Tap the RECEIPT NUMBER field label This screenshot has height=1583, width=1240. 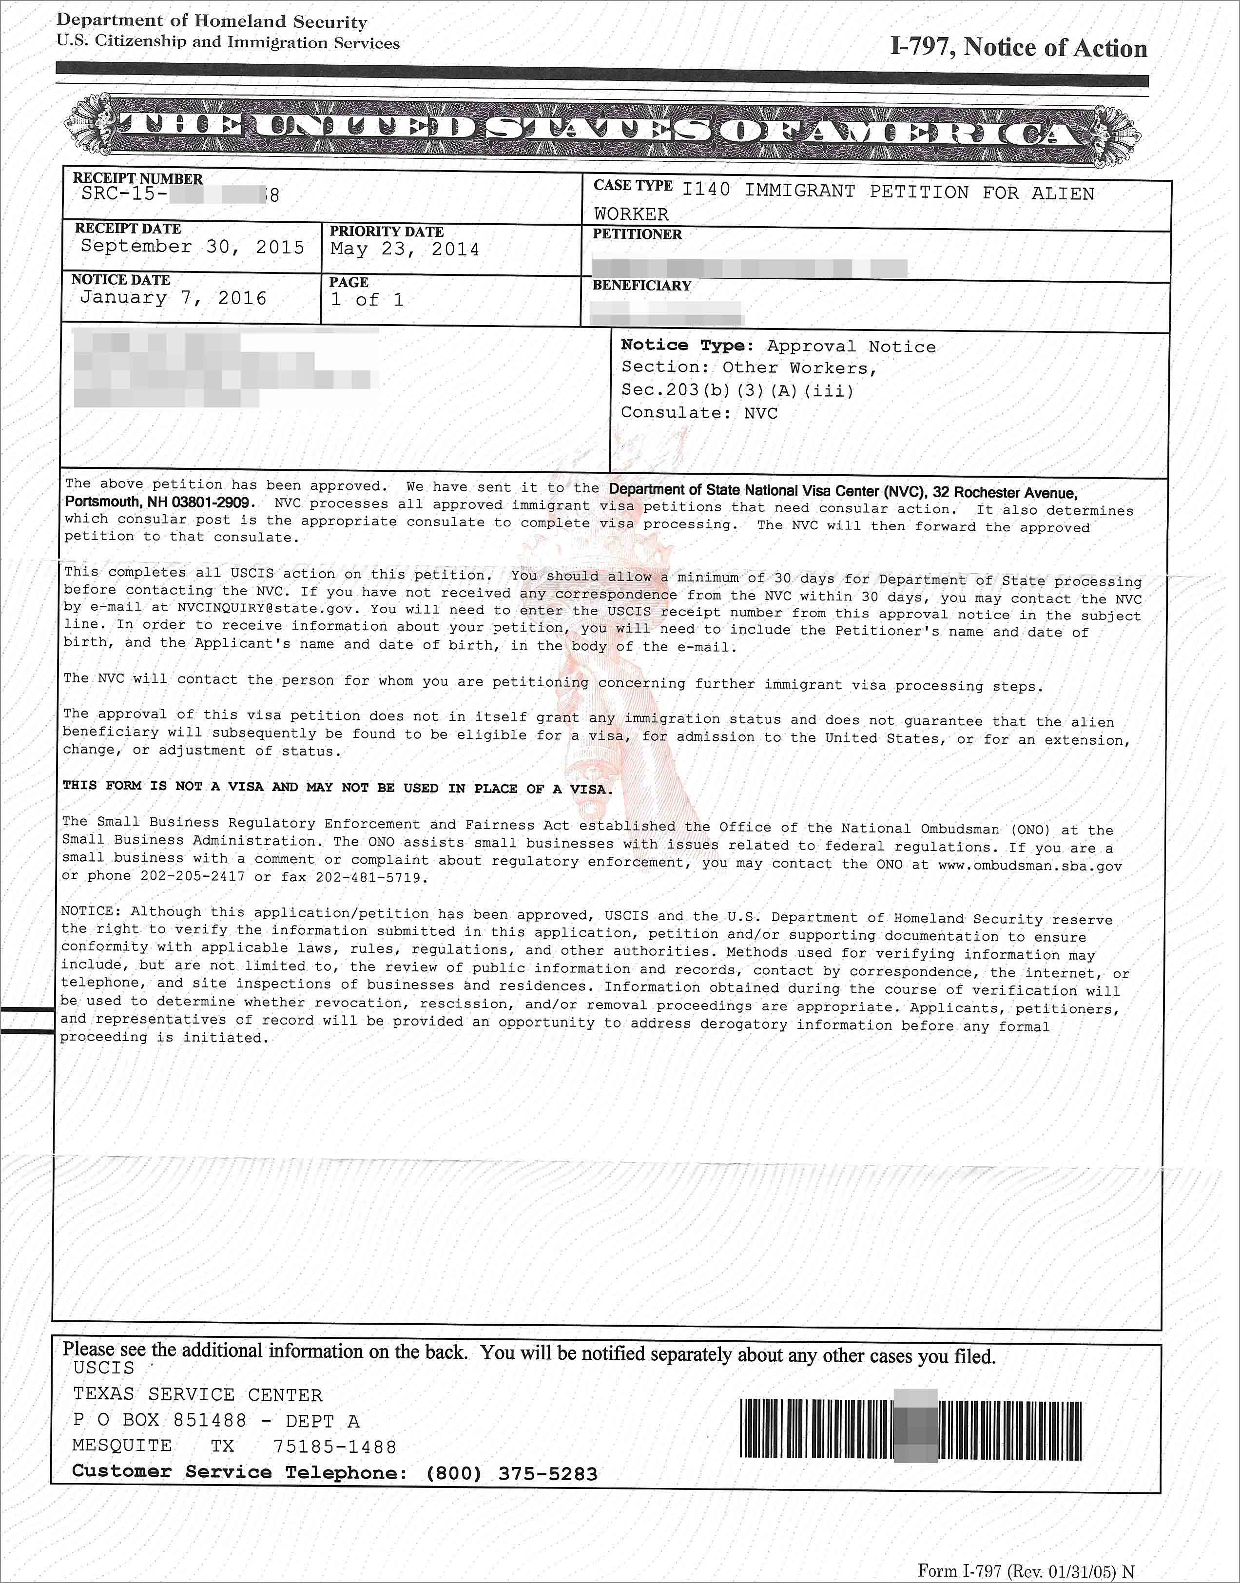point(137,178)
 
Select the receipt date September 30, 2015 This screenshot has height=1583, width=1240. point(193,247)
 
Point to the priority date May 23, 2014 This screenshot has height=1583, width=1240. point(405,250)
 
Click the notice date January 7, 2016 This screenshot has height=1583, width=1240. point(173,298)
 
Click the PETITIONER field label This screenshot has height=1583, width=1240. point(637,234)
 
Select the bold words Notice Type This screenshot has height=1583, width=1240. point(687,346)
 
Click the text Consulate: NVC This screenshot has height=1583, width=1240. point(698,413)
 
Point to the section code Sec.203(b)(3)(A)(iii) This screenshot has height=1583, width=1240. point(737,390)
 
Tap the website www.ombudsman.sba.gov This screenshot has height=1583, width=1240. point(1029,866)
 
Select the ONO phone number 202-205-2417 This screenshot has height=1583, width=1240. point(194,876)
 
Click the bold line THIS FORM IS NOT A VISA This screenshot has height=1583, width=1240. point(338,788)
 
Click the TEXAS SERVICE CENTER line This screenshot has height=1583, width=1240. point(197,1395)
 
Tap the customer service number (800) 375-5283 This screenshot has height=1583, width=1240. point(511,1473)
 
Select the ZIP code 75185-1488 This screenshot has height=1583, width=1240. point(335,1448)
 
